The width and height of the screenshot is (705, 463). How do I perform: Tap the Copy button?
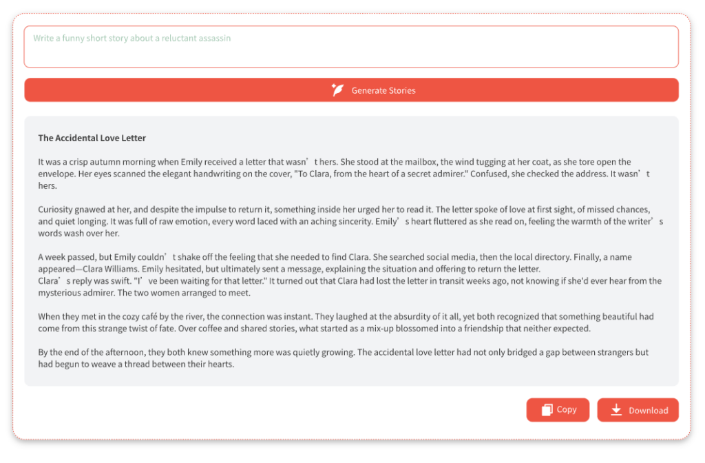point(558,410)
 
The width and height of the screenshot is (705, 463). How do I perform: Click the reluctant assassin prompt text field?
point(351,47)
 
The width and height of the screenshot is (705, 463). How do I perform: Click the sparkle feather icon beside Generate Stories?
point(337,90)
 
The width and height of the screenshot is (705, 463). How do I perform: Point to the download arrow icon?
point(616,410)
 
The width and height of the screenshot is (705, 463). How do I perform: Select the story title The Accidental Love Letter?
point(92,138)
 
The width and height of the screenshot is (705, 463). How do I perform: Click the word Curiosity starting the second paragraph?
point(56,209)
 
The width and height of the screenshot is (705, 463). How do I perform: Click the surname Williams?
point(144,269)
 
